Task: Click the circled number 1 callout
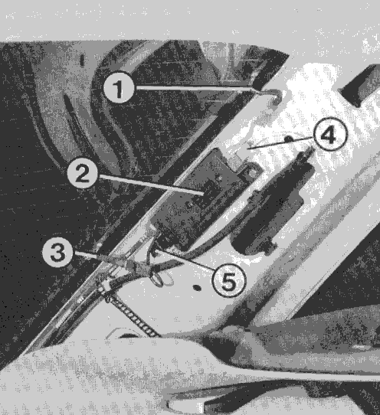click(x=119, y=87)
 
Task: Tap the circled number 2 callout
click(x=82, y=172)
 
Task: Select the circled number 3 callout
click(x=57, y=252)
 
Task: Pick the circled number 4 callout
click(x=329, y=135)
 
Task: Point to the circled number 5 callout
click(x=229, y=280)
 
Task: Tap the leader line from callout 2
click(x=151, y=185)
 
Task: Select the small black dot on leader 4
click(x=289, y=139)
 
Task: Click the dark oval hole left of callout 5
click(x=197, y=287)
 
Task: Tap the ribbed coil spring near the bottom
click(x=133, y=316)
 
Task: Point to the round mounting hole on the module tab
click(x=253, y=173)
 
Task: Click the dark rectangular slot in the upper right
click(x=361, y=85)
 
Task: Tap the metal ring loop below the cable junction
click(x=157, y=278)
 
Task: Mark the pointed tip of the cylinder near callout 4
click(x=311, y=149)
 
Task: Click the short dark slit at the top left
click(x=82, y=60)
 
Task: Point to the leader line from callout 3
click(x=87, y=255)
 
